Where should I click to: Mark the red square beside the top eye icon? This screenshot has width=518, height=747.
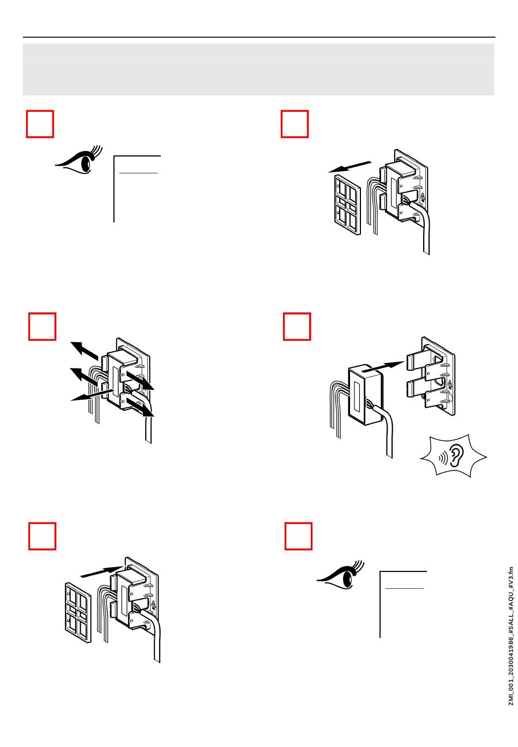click(x=40, y=124)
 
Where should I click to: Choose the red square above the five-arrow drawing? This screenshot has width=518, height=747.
click(x=42, y=326)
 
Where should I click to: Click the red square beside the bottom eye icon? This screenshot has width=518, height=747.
click(x=299, y=537)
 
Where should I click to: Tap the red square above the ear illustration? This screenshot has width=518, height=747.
click(x=297, y=326)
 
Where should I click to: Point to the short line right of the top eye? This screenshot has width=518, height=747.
click(x=138, y=173)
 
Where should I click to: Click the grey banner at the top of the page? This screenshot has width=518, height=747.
click(x=258, y=69)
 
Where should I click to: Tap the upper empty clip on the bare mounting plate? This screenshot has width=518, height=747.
click(x=415, y=362)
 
